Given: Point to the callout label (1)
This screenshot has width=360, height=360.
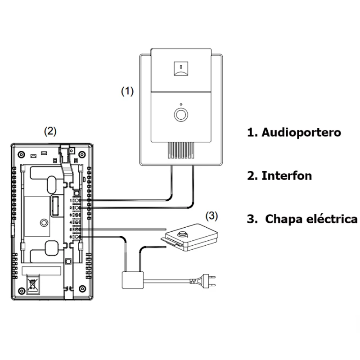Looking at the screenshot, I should click(x=127, y=91).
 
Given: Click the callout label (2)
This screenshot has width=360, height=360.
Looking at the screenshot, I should click(x=49, y=131).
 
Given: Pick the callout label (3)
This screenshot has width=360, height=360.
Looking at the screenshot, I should click(x=211, y=216).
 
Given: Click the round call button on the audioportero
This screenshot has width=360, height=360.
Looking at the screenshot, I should click(x=181, y=113).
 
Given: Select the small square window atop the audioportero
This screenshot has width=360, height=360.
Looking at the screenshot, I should click(x=180, y=68).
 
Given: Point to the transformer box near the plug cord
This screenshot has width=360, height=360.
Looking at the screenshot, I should click(x=132, y=279).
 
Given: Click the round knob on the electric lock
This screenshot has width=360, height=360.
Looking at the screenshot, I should click(x=183, y=234).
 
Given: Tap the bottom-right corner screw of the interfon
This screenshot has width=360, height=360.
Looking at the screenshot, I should click(x=81, y=288).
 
